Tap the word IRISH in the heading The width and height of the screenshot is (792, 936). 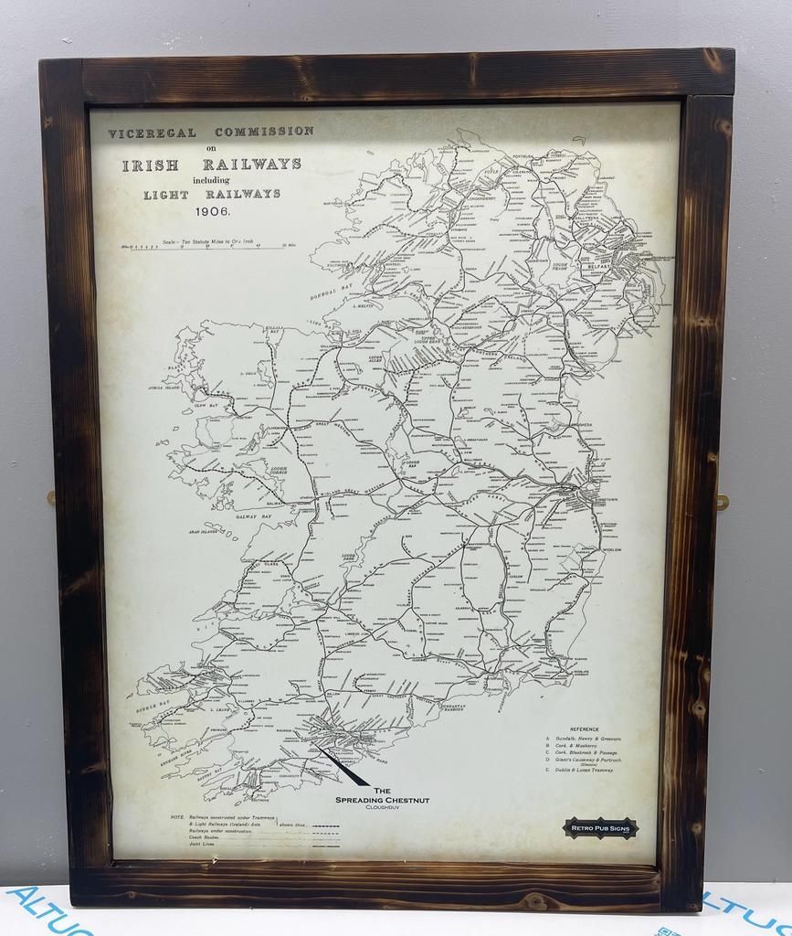[x=151, y=165]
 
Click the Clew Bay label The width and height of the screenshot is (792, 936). [x=206, y=403]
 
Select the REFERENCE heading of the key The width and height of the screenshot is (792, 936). [x=585, y=729]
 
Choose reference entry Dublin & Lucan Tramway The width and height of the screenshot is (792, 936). [x=582, y=771]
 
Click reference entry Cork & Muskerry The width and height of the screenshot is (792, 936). [x=576, y=745]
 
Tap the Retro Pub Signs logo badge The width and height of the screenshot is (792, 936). [x=600, y=828]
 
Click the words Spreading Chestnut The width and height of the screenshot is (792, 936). [x=382, y=800]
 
